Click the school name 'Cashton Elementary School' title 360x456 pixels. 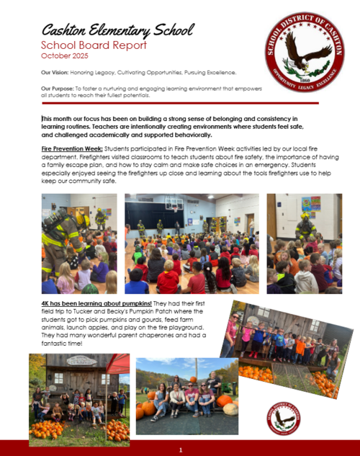click(x=117, y=30)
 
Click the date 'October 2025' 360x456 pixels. click(x=66, y=55)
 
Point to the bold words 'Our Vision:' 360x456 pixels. click(x=55, y=73)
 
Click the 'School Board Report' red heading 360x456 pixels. click(x=84, y=45)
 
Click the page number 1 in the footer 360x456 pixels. click(x=180, y=450)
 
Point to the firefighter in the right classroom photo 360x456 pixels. click(x=305, y=225)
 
